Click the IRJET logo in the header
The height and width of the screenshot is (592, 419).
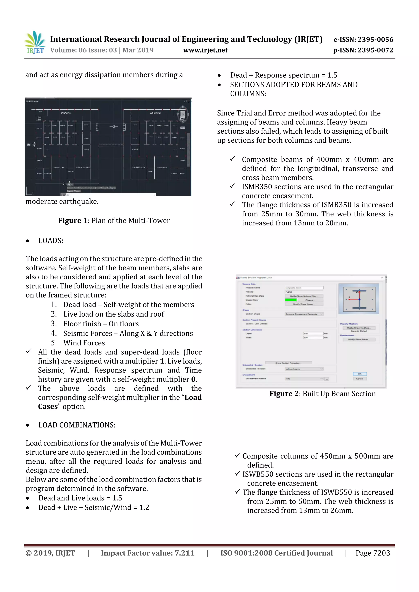35,43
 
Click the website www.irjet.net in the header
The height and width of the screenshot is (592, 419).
205,50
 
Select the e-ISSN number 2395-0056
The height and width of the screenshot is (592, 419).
375,39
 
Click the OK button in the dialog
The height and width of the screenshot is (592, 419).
360,374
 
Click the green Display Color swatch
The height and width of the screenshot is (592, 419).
291,300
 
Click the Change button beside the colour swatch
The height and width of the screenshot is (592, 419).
309,300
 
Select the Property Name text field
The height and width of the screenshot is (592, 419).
304,288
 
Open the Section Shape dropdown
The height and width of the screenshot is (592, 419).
304,314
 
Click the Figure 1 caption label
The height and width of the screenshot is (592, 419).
114,221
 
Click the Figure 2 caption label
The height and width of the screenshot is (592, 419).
322,394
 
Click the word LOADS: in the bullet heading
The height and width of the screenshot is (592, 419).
51,241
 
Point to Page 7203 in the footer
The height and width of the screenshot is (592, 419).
373,553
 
